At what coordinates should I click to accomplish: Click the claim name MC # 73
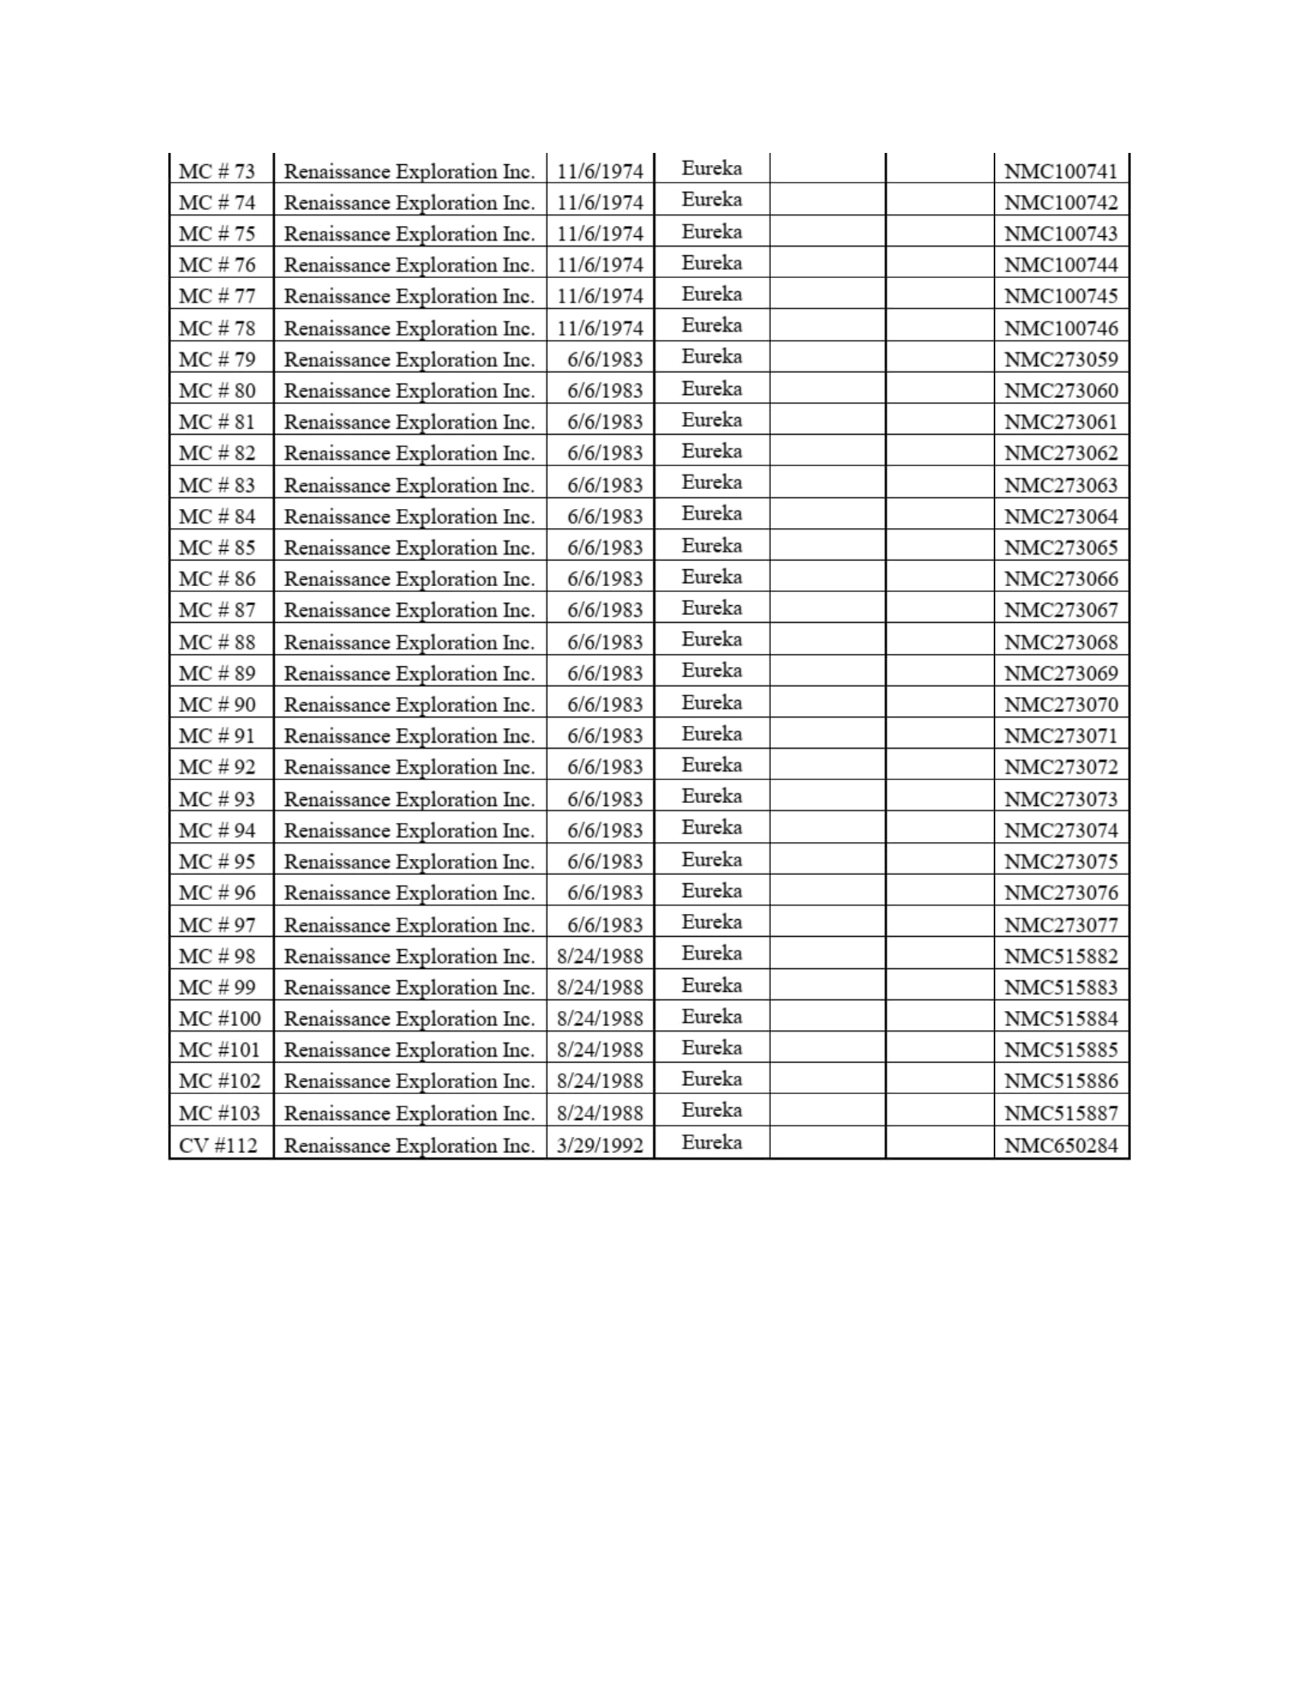(x=217, y=171)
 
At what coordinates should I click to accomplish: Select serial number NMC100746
(x=1061, y=329)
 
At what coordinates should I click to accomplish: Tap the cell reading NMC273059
(x=1061, y=359)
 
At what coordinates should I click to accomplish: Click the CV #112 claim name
(x=218, y=1146)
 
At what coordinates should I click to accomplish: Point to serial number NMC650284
(x=1061, y=1146)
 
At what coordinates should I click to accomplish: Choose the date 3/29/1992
(x=600, y=1146)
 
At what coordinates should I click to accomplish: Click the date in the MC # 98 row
(x=600, y=957)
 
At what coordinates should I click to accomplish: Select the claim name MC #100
(x=219, y=1019)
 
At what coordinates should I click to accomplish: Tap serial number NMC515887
(x=1061, y=1114)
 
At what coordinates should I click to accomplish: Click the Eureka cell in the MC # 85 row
(x=711, y=546)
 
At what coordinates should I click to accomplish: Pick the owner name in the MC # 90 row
(x=409, y=705)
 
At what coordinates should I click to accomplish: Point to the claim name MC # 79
(x=217, y=359)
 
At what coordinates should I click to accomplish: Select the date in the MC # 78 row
(x=600, y=329)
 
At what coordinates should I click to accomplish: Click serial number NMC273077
(x=1061, y=925)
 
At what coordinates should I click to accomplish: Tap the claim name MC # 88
(x=217, y=643)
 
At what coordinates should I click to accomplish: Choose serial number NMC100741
(x=1061, y=171)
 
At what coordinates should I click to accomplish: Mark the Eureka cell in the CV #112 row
(x=711, y=1142)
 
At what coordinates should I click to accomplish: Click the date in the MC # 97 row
(x=605, y=925)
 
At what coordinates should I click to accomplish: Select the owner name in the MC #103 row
(x=409, y=1114)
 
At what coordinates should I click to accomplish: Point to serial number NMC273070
(x=1061, y=705)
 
